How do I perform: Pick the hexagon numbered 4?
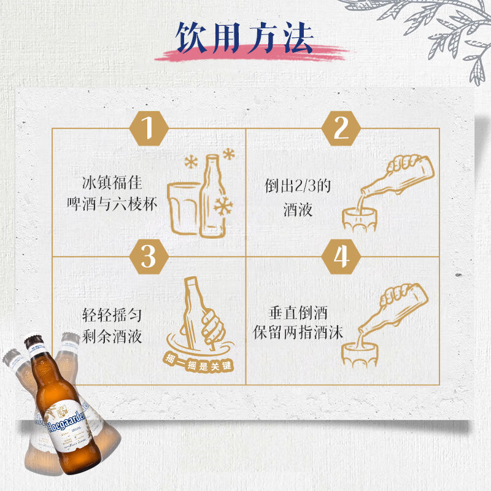pyautogui.click(x=341, y=256)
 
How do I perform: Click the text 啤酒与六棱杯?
pyautogui.click(x=119, y=204)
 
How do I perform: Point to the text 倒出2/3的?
pyautogui.click(x=298, y=187)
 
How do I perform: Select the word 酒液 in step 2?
pyautogui.click(x=298, y=210)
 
